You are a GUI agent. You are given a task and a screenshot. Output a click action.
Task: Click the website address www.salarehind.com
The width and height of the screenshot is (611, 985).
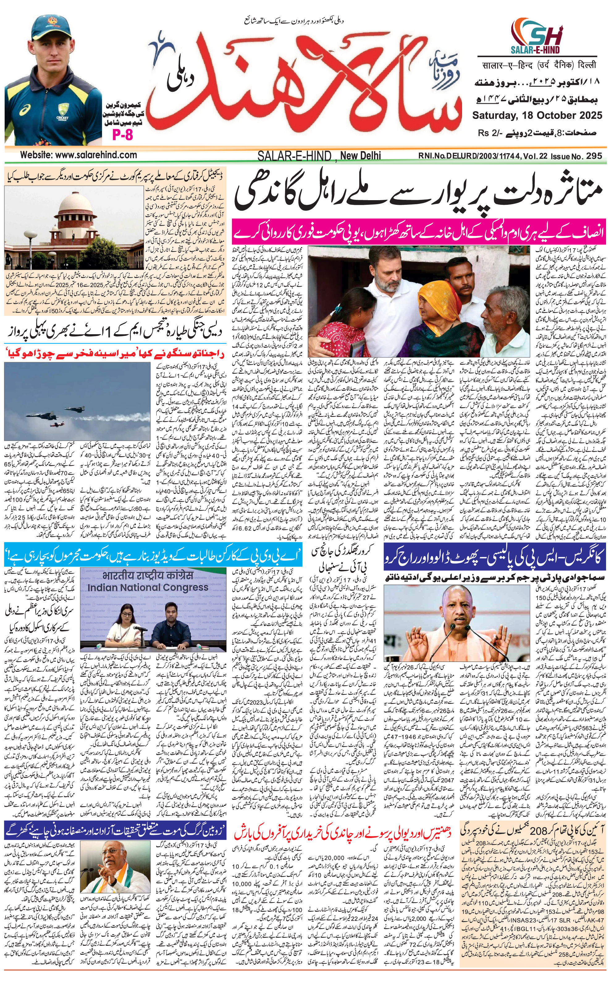79,155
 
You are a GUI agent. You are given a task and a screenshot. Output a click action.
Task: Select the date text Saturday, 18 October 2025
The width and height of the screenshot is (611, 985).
537,115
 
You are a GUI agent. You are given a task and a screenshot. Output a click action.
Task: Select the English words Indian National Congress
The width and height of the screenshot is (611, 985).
148,587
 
